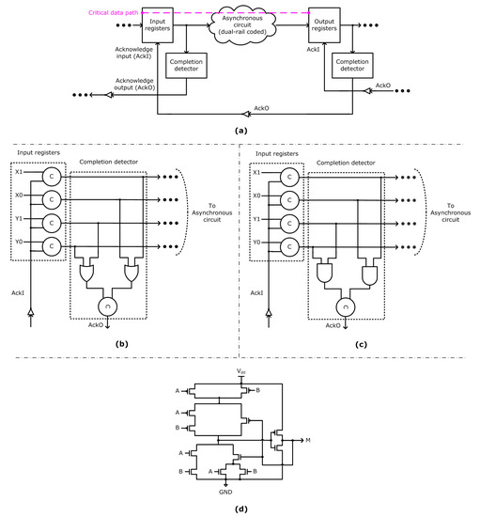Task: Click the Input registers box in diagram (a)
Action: [x=159, y=23]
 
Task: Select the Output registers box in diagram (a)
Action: [x=325, y=23]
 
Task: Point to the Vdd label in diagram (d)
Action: [x=242, y=373]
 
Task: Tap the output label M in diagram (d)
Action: [x=310, y=437]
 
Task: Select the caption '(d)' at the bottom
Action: [x=241, y=509]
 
